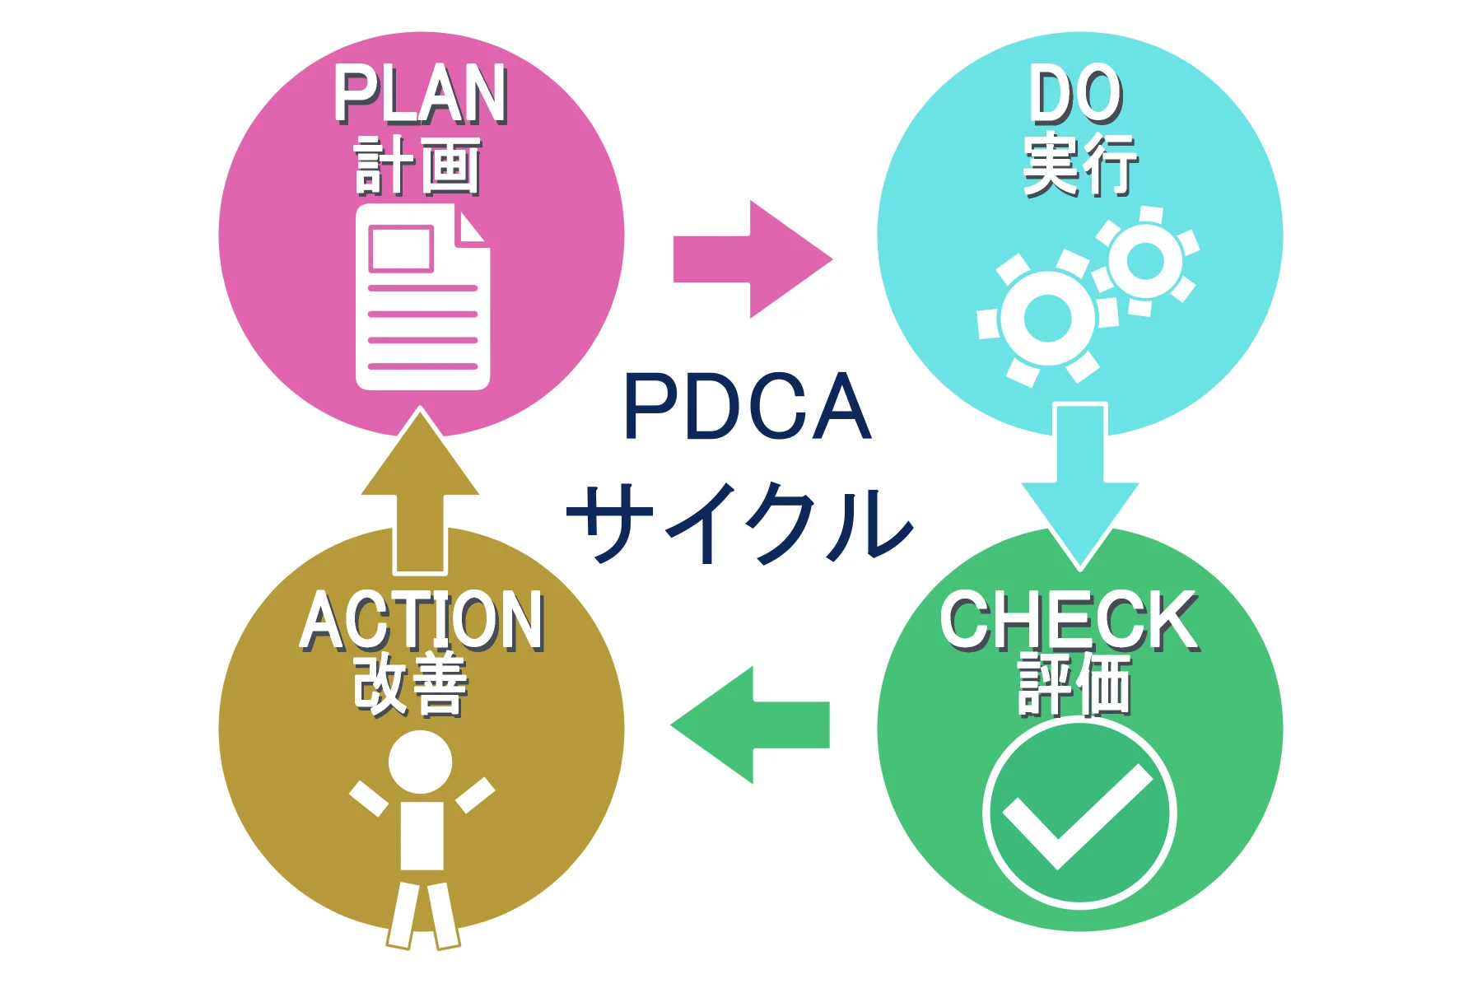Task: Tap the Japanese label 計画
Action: click(x=418, y=166)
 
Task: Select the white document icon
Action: click(x=422, y=298)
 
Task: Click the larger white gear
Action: click(x=1047, y=318)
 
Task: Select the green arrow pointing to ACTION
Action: click(x=749, y=725)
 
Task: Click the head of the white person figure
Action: click(x=421, y=762)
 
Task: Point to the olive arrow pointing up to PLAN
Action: click(x=420, y=494)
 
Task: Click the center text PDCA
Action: click(x=747, y=407)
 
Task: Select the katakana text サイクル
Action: click(x=740, y=523)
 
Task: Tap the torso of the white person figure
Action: click(x=422, y=836)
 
